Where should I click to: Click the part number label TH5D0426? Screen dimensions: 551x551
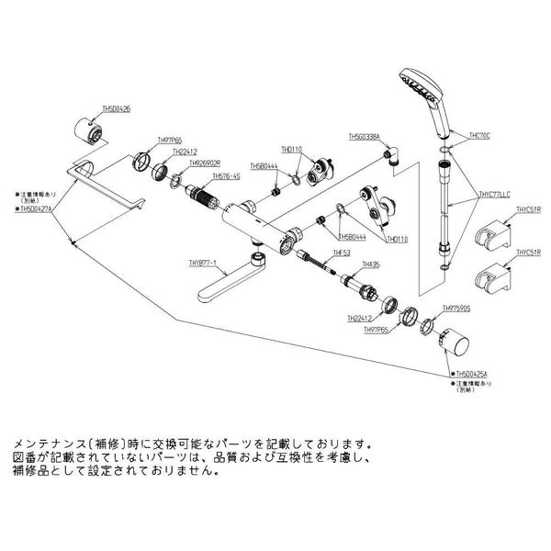click(113, 108)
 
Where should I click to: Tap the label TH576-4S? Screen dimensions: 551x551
click(226, 175)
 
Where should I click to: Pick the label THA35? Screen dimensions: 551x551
click(372, 263)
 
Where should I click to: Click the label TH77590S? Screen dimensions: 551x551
click(456, 309)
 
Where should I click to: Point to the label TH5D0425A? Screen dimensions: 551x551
click(475, 375)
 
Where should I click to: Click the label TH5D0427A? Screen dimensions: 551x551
click(36, 209)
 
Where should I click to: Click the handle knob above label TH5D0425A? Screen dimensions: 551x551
click(452, 348)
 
